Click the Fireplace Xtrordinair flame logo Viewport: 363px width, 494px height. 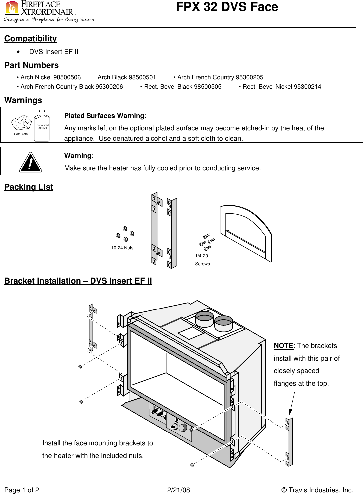tap(12, 8)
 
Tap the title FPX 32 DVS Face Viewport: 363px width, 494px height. tap(227, 7)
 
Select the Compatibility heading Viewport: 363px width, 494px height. tap(31, 39)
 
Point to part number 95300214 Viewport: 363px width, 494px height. tap(305, 87)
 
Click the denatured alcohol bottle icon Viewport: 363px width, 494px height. tap(42, 126)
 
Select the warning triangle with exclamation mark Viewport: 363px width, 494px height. tap(30, 162)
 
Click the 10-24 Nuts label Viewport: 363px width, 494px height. tap(122, 248)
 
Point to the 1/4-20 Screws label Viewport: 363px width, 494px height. tap(202, 260)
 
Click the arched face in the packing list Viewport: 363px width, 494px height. tap(246, 233)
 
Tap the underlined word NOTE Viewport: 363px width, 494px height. tap(283, 346)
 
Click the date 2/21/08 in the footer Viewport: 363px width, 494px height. tap(178, 490)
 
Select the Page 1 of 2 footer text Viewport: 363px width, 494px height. tap(22, 490)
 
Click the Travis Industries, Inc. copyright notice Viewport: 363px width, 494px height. tap(317, 490)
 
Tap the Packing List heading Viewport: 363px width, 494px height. tap(29, 187)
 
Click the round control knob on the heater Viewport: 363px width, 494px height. tap(183, 428)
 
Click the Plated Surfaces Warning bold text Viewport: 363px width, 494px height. tap(104, 116)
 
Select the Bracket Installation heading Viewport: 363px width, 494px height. tap(78, 281)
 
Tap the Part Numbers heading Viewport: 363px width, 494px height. tap(32, 65)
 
